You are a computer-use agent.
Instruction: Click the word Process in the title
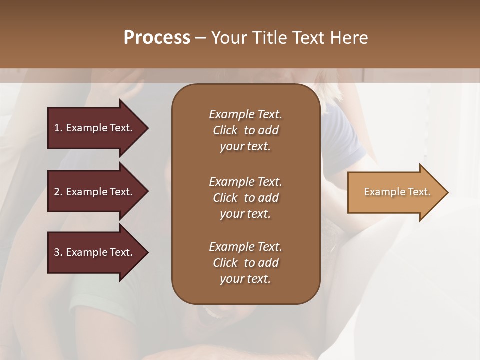(x=157, y=38)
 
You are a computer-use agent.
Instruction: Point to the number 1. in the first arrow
(x=58, y=128)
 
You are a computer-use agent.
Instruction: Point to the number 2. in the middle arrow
(x=58, y=192)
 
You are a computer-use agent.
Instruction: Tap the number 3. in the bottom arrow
(x=58, y=252)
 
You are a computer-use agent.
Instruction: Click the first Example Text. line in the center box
(x=245, y=114)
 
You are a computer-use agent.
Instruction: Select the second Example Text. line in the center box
(x=245, y=182)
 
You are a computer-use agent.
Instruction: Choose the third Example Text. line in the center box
(x=245, y=247)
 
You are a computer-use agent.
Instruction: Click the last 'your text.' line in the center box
(x=245, y=279)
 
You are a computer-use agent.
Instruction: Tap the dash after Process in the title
(x=200, y=38)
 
